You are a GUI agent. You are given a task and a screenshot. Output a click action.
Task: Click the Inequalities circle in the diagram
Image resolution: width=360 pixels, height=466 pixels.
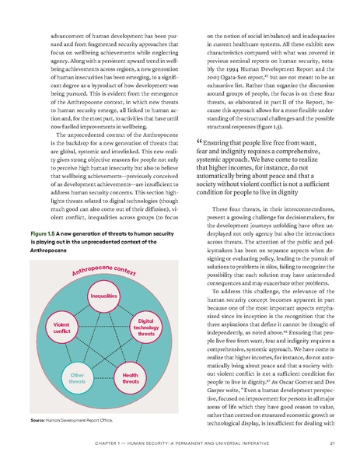pos(103,296)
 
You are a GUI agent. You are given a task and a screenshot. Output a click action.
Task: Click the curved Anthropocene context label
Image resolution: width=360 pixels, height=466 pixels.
pos(103,270)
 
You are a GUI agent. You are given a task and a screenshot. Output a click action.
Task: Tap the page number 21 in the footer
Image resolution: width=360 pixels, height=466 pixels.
pos(332,443)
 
